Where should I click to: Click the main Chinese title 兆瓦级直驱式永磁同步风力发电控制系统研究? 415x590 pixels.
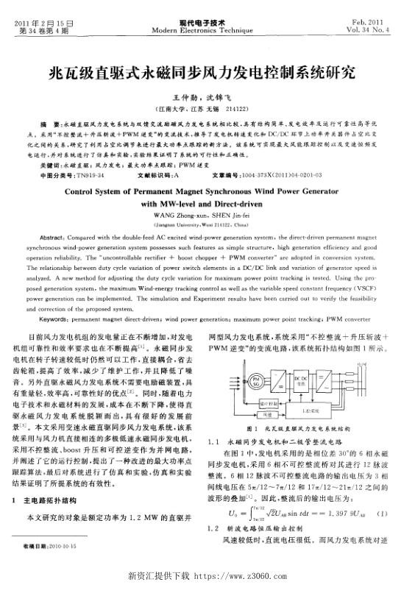click(x=207, y=74)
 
